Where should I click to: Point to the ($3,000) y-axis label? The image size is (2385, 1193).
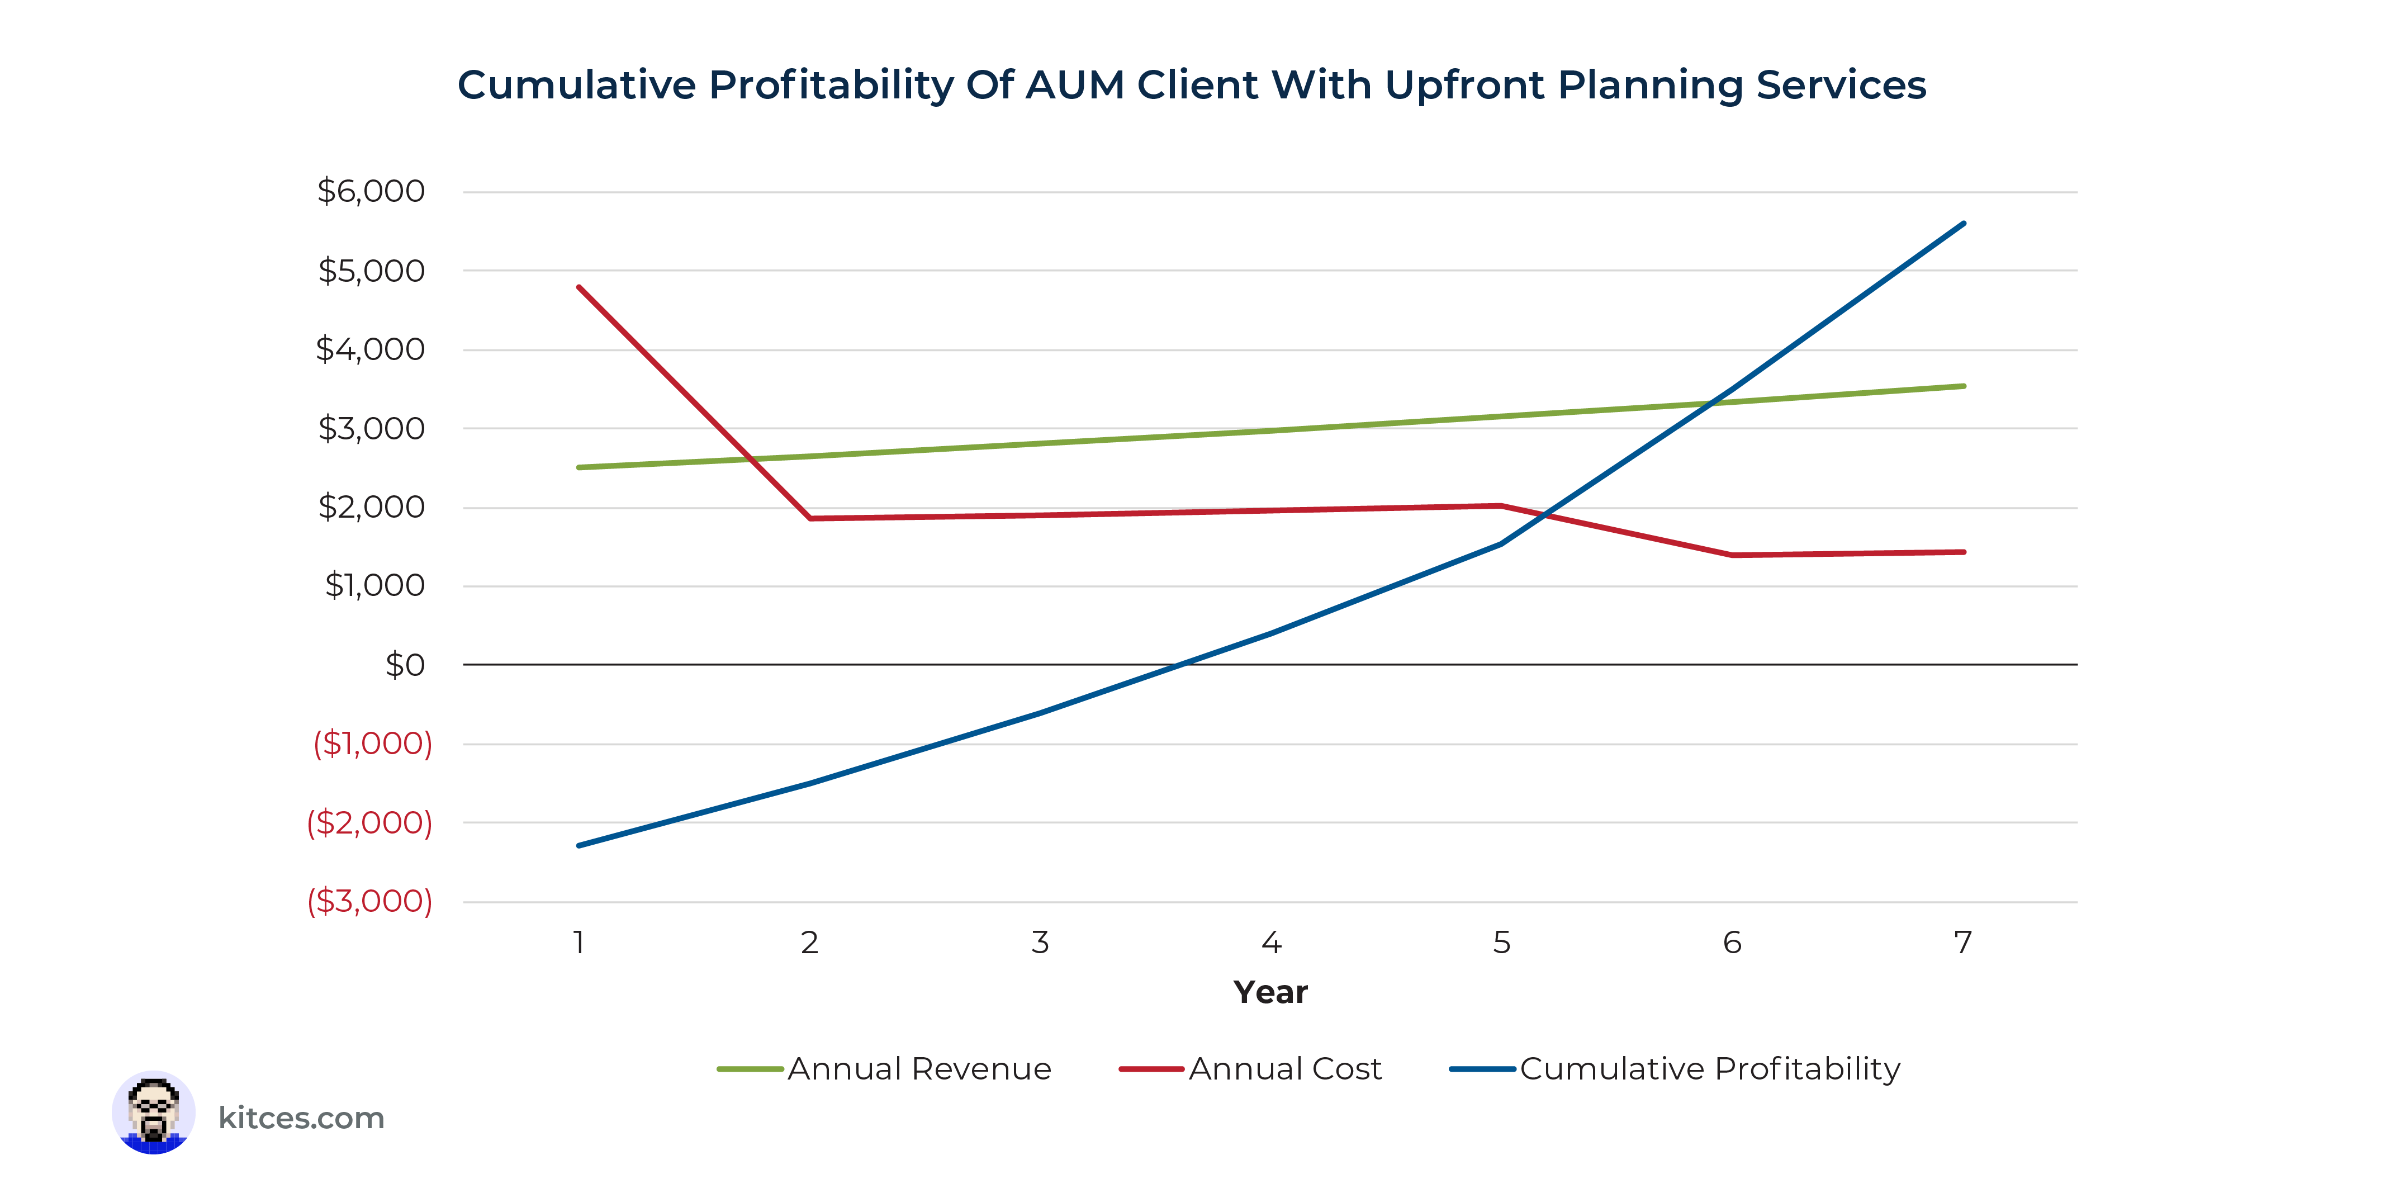pos(369,901)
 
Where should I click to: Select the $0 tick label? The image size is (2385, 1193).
pos(405,665)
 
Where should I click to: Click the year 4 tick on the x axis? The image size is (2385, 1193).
pos(1271,943)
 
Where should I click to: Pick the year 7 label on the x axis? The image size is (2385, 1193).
pos(1963,943)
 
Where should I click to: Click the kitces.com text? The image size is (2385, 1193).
pos(301,1118)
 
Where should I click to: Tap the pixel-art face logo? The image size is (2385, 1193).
pos(154,1112)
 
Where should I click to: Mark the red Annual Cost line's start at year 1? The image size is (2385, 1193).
pos(579,287)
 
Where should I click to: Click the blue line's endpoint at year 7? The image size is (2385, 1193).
pos(1964,223)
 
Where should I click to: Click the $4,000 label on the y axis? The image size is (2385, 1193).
pos(371,350)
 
